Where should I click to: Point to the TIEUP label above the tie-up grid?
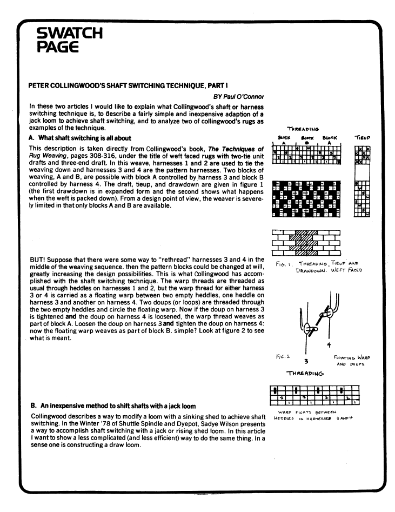(360, 137)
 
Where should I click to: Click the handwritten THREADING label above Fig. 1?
(303, 129)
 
